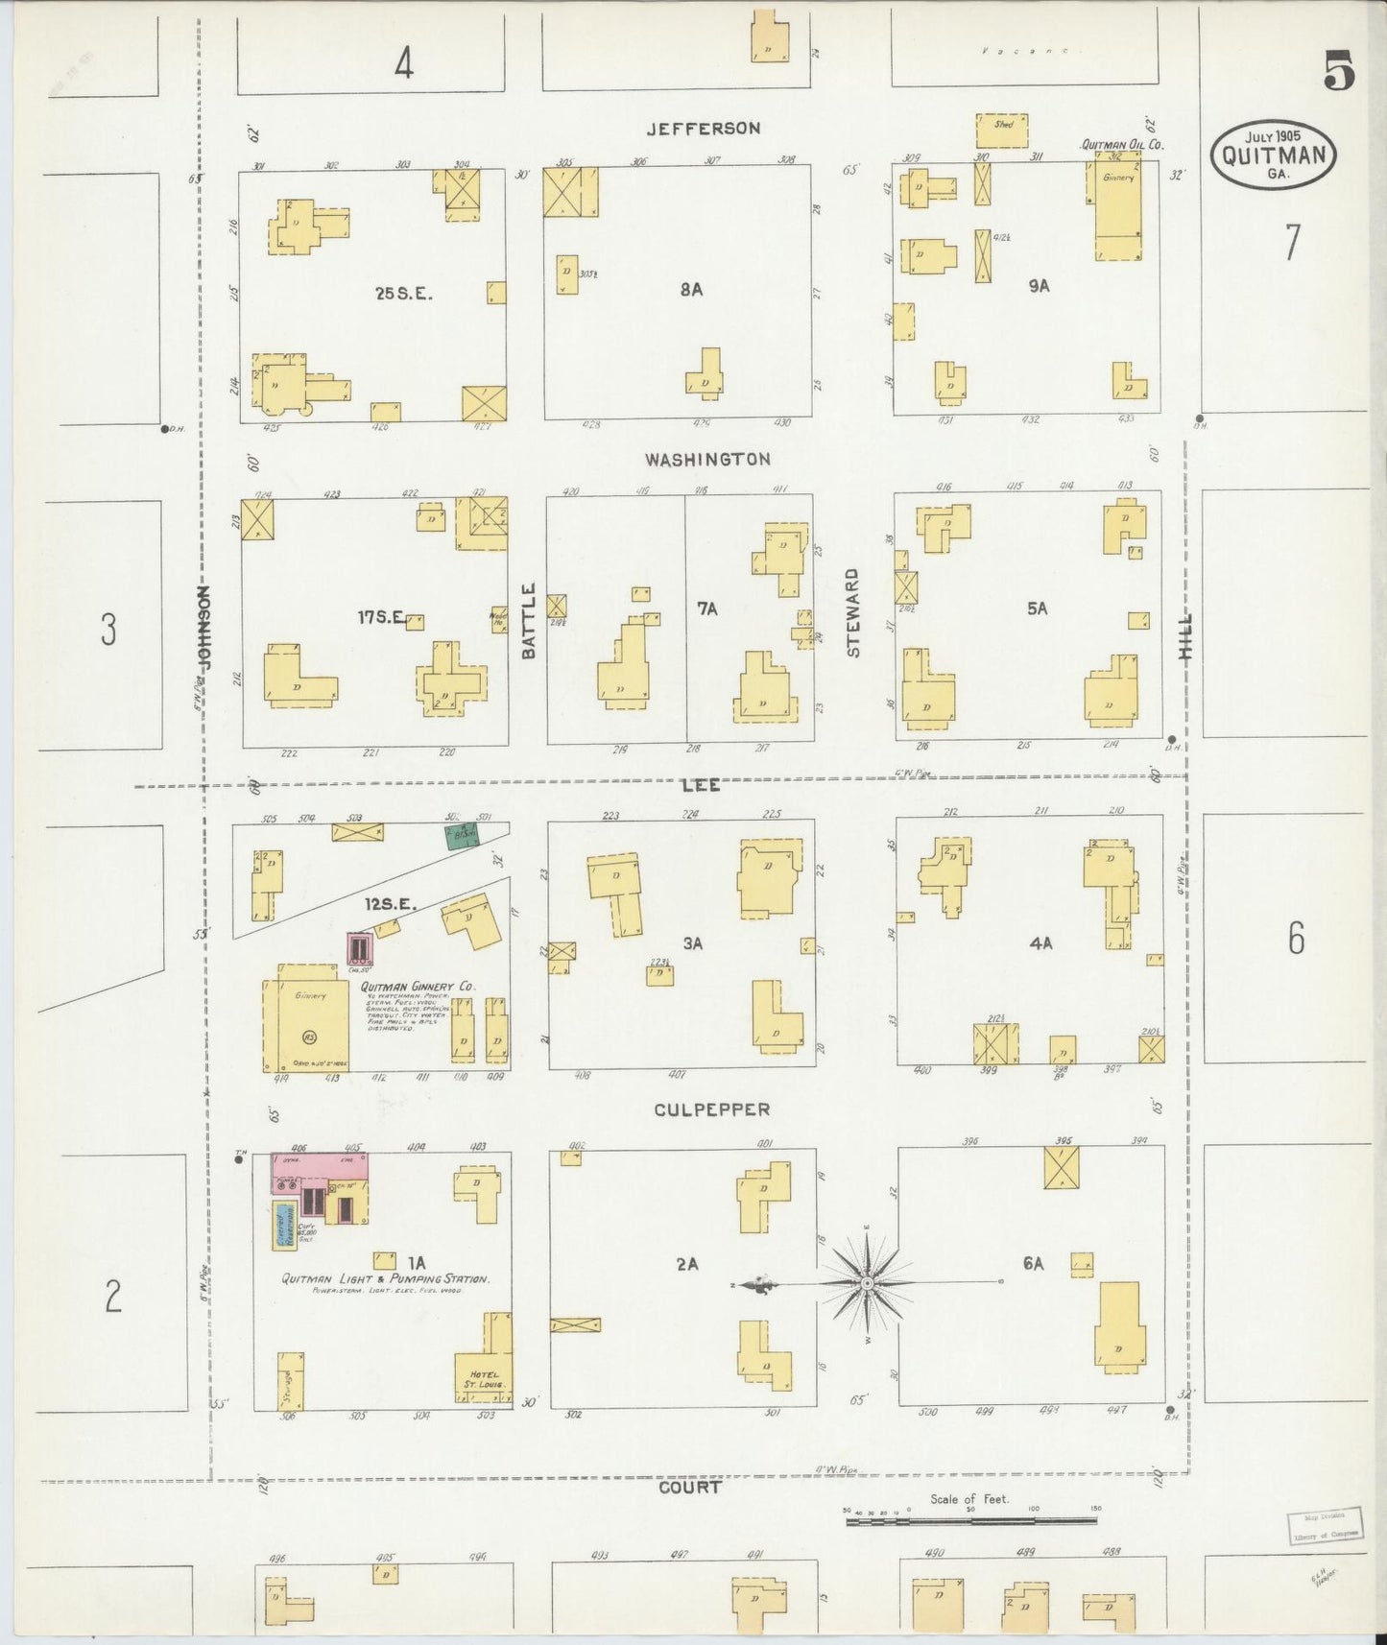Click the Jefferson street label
tap(703, 129)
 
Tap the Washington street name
tap(706, 460)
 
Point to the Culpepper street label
tap(711, 1109)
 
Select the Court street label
tap(689, 1487)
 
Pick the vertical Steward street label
tap(852, 612)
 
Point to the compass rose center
tap(867, 1282)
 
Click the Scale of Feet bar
tap(969, 1520)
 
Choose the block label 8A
tap(691, 289)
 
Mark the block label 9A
tap(1038, 286)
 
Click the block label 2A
tap(686, 1264)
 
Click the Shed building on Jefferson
tap(1002, 131)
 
